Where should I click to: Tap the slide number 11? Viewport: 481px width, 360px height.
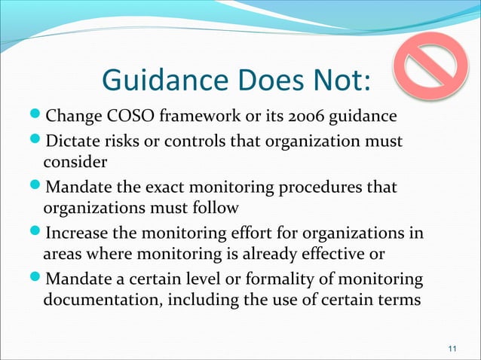click(452, 348)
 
